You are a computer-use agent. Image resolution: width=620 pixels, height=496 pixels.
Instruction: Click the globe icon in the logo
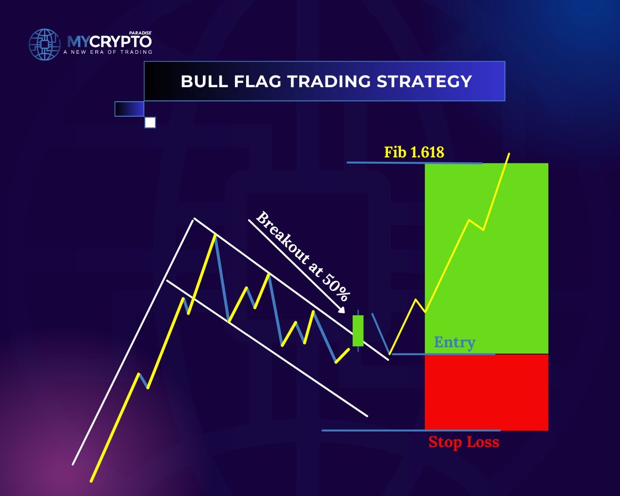pos(45,45)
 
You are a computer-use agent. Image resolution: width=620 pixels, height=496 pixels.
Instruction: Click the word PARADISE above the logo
pos(140,33)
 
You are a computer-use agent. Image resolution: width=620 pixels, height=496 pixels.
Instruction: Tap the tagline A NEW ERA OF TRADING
pos(108,52)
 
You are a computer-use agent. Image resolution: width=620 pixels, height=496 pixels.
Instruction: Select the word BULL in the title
pos(204,81)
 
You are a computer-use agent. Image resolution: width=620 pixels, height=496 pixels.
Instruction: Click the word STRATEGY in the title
pos(424,81)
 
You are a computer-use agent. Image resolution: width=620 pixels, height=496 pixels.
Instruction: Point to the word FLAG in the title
pos(257,81)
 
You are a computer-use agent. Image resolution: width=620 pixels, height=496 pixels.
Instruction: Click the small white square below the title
pos(150,123)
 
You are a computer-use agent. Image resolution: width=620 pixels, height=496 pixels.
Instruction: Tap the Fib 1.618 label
pos(414,152)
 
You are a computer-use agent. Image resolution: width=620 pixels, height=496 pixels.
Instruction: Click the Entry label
pos(455,342)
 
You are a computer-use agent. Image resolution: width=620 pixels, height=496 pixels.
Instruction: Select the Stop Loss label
pos(464,442)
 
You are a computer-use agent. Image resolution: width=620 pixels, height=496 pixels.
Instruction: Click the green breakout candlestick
pos(358,330)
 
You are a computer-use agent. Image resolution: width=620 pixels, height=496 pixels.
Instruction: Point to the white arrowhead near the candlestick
pos(341,310)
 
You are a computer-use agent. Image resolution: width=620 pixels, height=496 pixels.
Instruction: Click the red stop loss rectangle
pos(486,392)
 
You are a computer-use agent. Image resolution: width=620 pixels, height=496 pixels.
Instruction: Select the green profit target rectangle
pos(486,259)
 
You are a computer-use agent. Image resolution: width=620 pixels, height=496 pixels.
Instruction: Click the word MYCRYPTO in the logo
pos(109,42)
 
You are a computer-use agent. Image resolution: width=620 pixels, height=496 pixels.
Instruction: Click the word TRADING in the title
pos(329,81)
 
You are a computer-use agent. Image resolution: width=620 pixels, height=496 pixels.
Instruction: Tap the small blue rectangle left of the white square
pos(129,109)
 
